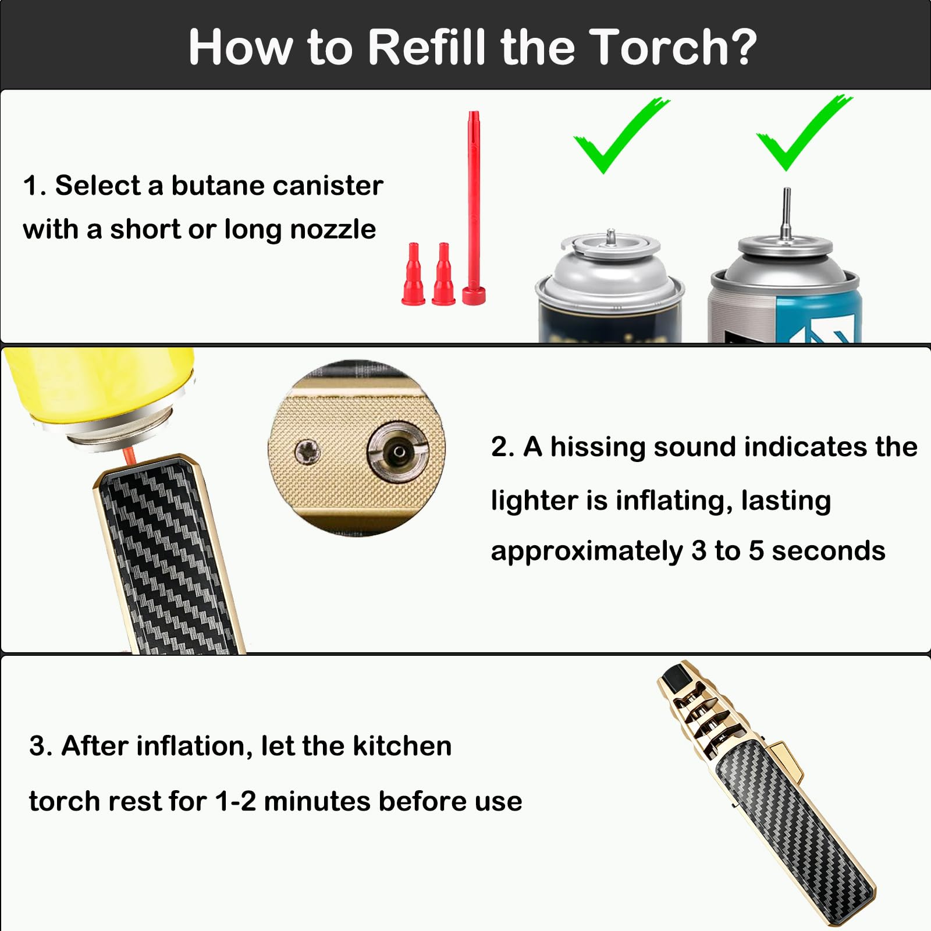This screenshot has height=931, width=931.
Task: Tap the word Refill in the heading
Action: click(x=427, y=47)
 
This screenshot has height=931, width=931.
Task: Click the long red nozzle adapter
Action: click(x=474, y=208)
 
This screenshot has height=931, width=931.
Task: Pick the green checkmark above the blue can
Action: click(x=804, y=133)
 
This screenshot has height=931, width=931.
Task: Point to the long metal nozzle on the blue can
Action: click(x=787, y=213)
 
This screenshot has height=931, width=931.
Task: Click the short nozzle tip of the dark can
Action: click(x=611, y=236)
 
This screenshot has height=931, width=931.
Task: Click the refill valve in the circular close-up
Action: click(x=398, y=452)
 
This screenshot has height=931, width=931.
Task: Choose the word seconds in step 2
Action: click(x=829, y=551)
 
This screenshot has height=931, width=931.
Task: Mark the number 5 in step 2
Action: click(x=756, y=551)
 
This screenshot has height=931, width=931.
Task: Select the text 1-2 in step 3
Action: click(x=235, y=801)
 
